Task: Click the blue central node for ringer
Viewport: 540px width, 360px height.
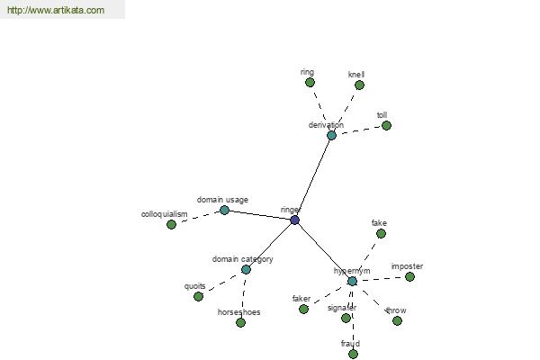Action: pyautogui.click(x=295, y=220)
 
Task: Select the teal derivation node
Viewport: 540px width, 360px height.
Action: pyautogui.click(x=331, y=135)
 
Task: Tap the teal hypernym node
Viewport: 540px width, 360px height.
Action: pyautogui.click(x=352, y=282)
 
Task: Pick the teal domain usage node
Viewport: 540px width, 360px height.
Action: pyautogui.click(x=224, y=210)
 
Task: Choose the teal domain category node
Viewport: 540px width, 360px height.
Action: pyautogui.click(x=246, y=269)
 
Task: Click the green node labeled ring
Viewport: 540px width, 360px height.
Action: pyautogui.click(x=310, y=82)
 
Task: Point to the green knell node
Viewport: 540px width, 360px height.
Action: pyautogui.click(x=359, y=85)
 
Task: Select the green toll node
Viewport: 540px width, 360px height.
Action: pyautogui.click(x=386, y=125)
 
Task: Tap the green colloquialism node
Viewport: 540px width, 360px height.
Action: pyautogui.click(x=171, y=225)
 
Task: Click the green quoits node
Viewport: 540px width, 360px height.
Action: pyautogui.click(x=198, y=296)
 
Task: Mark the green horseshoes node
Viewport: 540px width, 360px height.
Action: pyautogui.click(x=240, y=322)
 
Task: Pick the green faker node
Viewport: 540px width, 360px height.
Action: pyautogui.click(x=303, y=309)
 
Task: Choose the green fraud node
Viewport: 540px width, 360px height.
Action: pyautogui.click(x=353, y=354)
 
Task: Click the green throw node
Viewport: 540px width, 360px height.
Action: pyautogui.click(x=397, y=320)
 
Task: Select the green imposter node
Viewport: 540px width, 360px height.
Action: pyautogui.click(x=409, y=276)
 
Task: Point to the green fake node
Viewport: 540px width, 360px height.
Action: pyautogui.click(x=381, y=234)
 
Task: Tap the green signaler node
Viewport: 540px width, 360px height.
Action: pyautogui.click(x=346, y=318)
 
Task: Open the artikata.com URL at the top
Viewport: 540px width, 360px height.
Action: pyautogui.click(x=56, y=10)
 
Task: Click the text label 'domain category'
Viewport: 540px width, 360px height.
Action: pyautogui.click(x=242, y=259)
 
